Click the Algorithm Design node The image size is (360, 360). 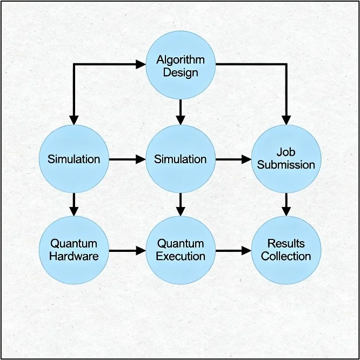click(181, 65)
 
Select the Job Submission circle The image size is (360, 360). click(286, 159)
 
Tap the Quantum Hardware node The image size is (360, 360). click(74, 250)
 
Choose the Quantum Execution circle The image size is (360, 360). click(181, 250)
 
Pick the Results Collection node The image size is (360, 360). click(286, 250)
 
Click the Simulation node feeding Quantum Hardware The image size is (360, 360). click(74, 159)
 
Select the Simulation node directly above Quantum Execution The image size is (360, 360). click(181, 159)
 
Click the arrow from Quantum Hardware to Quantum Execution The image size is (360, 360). click(127, 251)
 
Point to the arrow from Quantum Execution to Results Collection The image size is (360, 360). click(233, 251)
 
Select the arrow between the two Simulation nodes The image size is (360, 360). click(127, 159)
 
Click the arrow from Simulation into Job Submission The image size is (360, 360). click(233, 159)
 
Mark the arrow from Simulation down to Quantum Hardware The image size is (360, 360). click(75, 204)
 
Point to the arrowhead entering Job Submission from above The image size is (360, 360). click(286, 120)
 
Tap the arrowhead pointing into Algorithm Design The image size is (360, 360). click(141, 65)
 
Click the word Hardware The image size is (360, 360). click(74, 256)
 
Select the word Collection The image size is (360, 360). click(286, 256)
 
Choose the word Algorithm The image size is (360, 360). click(181, 59)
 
